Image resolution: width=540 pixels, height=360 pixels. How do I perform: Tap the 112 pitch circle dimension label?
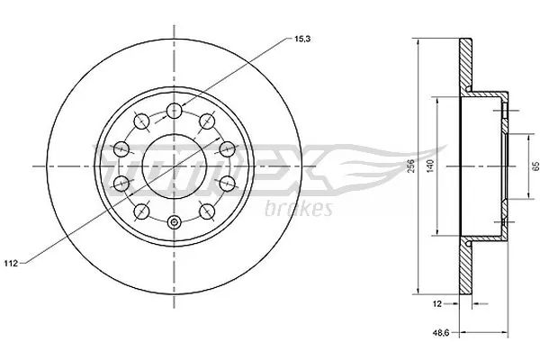click(x=12, y=263)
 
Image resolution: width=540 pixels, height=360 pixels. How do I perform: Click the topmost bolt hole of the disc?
click(x=174, y=112)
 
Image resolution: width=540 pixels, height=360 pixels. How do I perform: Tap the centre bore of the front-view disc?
click(x=174, y=167)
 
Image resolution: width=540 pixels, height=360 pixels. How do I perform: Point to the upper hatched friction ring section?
click(x=467, y=63)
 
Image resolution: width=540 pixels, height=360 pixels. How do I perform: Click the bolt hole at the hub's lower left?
click(x=141, y=211)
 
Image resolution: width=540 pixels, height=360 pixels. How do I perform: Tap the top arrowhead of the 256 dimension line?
click(x=419, y=42)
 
